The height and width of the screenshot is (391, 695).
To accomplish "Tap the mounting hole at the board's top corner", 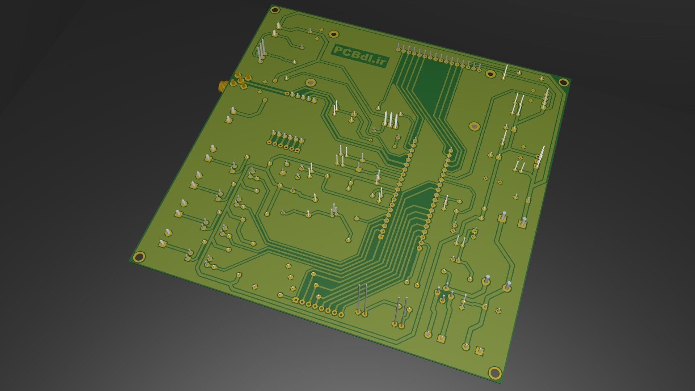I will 275,10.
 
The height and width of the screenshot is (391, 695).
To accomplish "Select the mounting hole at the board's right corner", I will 563,82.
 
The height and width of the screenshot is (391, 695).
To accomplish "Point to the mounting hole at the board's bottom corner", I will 494,373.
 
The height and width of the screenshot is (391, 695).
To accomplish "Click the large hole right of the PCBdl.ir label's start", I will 334,34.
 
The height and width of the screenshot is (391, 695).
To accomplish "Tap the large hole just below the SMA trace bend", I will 310,83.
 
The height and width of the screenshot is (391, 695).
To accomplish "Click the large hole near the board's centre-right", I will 474,126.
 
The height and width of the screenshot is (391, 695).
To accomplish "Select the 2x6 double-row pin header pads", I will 286,142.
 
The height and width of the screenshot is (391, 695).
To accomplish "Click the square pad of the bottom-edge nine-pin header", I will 295,300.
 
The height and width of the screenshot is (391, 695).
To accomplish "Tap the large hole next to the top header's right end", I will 490,74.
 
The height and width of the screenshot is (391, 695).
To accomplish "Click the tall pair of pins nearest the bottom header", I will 362,300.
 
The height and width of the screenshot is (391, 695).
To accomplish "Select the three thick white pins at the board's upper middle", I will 391,120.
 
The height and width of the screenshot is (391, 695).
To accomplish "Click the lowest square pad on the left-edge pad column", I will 162,244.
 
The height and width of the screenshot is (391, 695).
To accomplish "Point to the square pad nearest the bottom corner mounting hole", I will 479,351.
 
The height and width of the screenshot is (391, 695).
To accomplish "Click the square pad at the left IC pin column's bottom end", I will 380,236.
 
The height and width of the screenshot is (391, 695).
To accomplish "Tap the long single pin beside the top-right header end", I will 505,72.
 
